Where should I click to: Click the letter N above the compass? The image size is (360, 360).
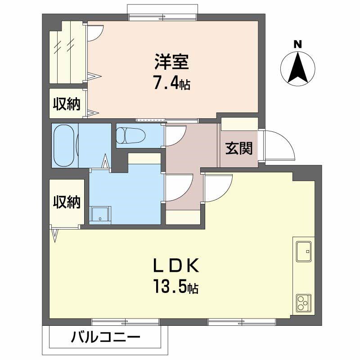click(x=297, y=44)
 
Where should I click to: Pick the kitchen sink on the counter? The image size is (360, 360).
click(x=303, y=250)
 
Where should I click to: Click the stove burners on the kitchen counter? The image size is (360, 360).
click(x=303, y=304)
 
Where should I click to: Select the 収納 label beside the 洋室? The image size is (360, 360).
click(x=67, y=104)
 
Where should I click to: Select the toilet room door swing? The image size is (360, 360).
click(x=175, y=136)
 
